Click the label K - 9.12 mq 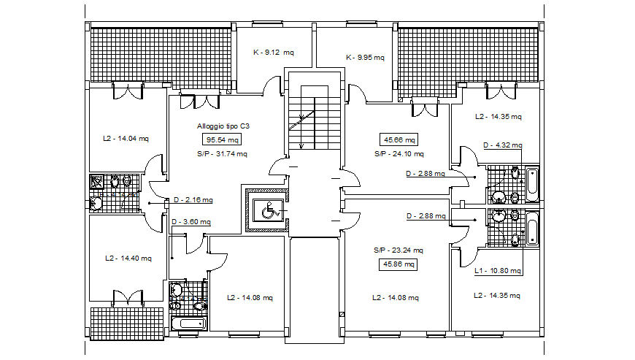[273, 53]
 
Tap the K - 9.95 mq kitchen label [365, 57]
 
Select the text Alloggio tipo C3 [222, 126]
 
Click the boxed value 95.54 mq [222, 139]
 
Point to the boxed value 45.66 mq [398, 139]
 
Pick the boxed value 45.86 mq [398, 264]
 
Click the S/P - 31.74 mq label [222, 154]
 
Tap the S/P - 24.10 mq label [399, 154]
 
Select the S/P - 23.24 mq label [398, 250]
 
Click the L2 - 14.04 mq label [126, 138]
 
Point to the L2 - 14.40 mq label [128, 258]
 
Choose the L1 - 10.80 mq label [498, 271]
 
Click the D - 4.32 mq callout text [503, 145]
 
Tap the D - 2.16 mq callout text [193, 200]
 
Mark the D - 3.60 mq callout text [191, 222]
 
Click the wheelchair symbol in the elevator [268, 210]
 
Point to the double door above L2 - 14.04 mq [128, 91]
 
